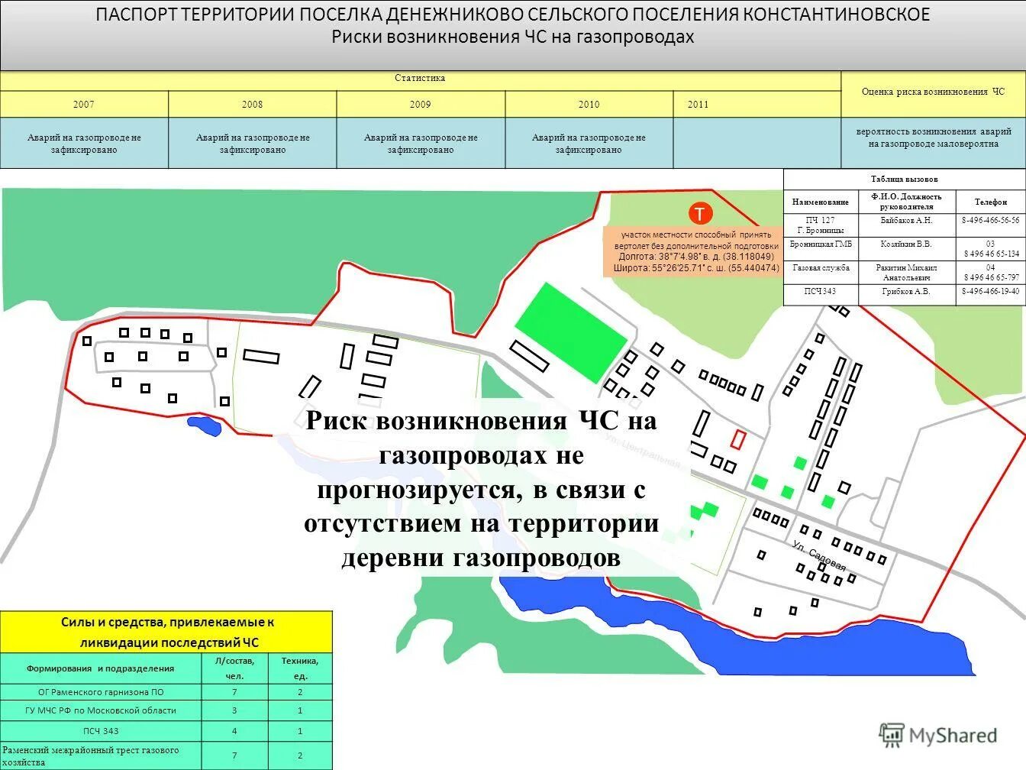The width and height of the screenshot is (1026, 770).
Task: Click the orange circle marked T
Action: [x=700, y=213]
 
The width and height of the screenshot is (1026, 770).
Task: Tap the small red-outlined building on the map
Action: [x=738, y=439]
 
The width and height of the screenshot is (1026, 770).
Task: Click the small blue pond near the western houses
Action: [x=205, y=425]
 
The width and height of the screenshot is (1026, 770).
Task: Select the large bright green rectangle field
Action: [x=571, y=332]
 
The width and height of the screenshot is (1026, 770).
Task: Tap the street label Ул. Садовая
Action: [x=819, y=555]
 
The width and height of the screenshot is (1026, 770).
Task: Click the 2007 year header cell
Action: [x=84, y=105]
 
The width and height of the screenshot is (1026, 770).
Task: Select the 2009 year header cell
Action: [x=420, y=105]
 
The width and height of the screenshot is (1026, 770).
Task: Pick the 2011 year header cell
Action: [x=698, y=105]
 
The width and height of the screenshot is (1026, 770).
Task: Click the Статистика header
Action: [x=420, y=79]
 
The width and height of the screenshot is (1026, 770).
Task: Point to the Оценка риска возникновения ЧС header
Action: [x=933, y=92]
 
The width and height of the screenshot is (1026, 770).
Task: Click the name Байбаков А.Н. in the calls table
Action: [x=906, y=220]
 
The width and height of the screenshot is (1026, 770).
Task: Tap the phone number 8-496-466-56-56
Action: [x=990, y=220]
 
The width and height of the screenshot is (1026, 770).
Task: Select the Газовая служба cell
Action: [x=821, y=268]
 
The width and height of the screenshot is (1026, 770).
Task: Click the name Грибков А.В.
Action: [x=906, y=292]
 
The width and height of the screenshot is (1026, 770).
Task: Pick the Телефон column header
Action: [x=990, y=202]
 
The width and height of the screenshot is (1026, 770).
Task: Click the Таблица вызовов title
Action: [x=904, y=180]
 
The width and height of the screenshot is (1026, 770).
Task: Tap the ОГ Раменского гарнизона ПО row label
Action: [x=101, y=692]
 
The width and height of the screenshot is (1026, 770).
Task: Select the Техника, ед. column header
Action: [x=300, y=668]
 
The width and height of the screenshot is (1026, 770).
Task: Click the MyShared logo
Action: [x=939, y=735]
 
